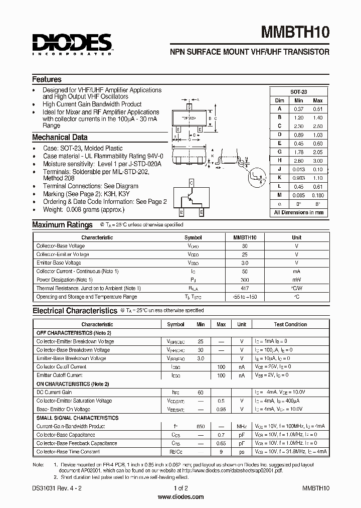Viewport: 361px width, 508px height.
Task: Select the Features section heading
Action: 47,79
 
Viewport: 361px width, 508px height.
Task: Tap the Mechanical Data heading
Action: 60,137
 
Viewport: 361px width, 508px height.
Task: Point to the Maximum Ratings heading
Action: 62,225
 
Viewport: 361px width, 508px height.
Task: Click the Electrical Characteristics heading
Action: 74,311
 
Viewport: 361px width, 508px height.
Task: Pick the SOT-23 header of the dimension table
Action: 298,92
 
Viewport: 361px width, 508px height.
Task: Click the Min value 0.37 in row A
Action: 298,108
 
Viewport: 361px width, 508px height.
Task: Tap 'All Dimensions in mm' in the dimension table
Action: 299,212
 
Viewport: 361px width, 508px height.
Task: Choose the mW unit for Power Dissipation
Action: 297,280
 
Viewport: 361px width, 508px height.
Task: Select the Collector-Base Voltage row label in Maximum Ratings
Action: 61,246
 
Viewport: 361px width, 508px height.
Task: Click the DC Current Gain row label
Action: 54,392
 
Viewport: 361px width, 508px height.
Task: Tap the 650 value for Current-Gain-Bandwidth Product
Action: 201,426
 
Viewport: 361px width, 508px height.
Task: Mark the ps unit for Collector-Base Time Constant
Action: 242,452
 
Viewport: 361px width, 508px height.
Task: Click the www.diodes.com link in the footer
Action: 180,497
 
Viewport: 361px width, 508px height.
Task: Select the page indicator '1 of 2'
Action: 180,488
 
